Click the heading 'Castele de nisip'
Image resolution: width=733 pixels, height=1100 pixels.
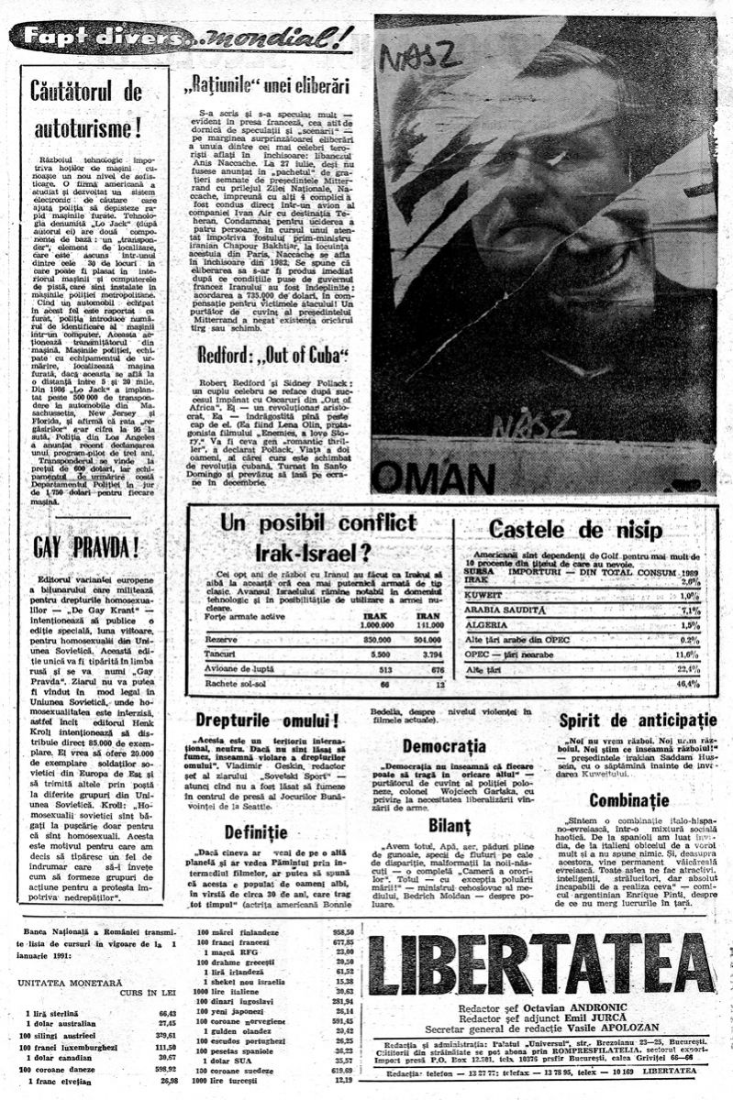click(585, 528)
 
